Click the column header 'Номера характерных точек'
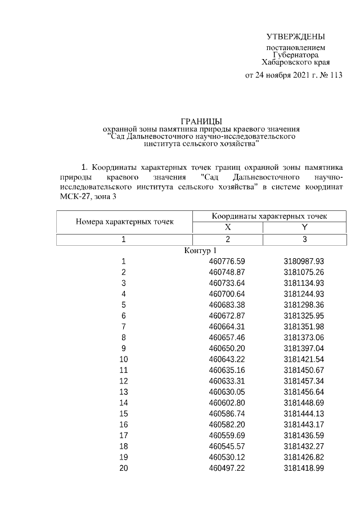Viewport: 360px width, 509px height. click(124, 222)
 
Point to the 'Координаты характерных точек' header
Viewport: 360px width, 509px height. click(269, 216)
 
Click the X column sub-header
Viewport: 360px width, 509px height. click(228, 228)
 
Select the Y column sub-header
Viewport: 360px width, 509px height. click(304, 228)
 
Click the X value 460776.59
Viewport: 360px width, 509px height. click(227, 262)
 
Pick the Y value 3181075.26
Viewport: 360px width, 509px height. click(304, 272)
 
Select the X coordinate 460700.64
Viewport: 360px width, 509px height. click(227, 294)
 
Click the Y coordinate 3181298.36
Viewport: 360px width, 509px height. click(304, 305)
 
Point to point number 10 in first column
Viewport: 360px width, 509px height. click(124, 359)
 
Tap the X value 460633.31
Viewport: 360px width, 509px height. click(227, 381)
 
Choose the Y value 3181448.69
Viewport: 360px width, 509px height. click(304, 403)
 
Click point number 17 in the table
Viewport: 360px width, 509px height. click(124, 435)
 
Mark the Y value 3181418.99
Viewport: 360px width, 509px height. click(304, 468)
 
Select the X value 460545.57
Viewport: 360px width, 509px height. click(227, 446)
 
